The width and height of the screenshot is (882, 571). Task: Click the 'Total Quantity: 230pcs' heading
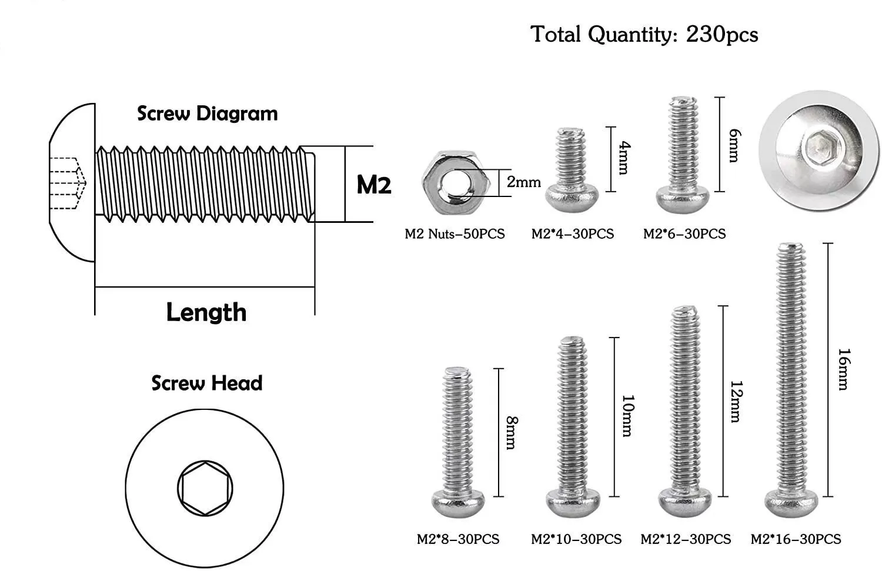[x=644, y=34]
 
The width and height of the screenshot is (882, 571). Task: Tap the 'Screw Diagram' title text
[x=207, y=113]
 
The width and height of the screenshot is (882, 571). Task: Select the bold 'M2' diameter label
[x=374, y=185]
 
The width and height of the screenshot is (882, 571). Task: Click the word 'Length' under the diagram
[x=206, y=312]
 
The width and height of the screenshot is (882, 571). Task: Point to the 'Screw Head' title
[x=206, y=383]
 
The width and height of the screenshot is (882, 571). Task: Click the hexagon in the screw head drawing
[x=205, y=489]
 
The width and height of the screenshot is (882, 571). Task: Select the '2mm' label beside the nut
[x=523, y=182]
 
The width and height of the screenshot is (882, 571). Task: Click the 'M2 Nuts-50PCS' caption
[x=455, y=234]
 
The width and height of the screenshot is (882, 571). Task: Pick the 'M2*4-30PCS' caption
[x=572, y=234]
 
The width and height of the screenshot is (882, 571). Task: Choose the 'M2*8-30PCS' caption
[x=457, y=539]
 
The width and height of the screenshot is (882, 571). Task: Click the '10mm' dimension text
[x=627, y=416]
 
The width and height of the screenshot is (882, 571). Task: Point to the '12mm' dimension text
[x=735, y=401]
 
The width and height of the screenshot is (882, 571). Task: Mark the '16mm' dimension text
[x=843, y=369]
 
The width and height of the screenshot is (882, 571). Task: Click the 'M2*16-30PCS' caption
[x=796, y=539]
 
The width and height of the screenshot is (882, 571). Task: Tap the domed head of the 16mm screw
[x=791, y=503]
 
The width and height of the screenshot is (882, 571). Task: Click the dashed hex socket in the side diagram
[x=68, y=183]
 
